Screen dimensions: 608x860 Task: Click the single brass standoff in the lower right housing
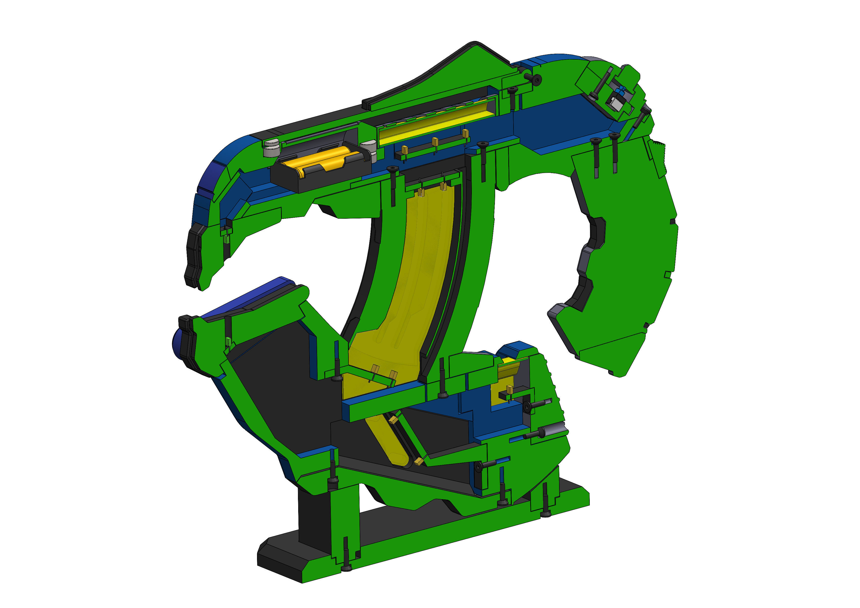pos(510,389)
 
